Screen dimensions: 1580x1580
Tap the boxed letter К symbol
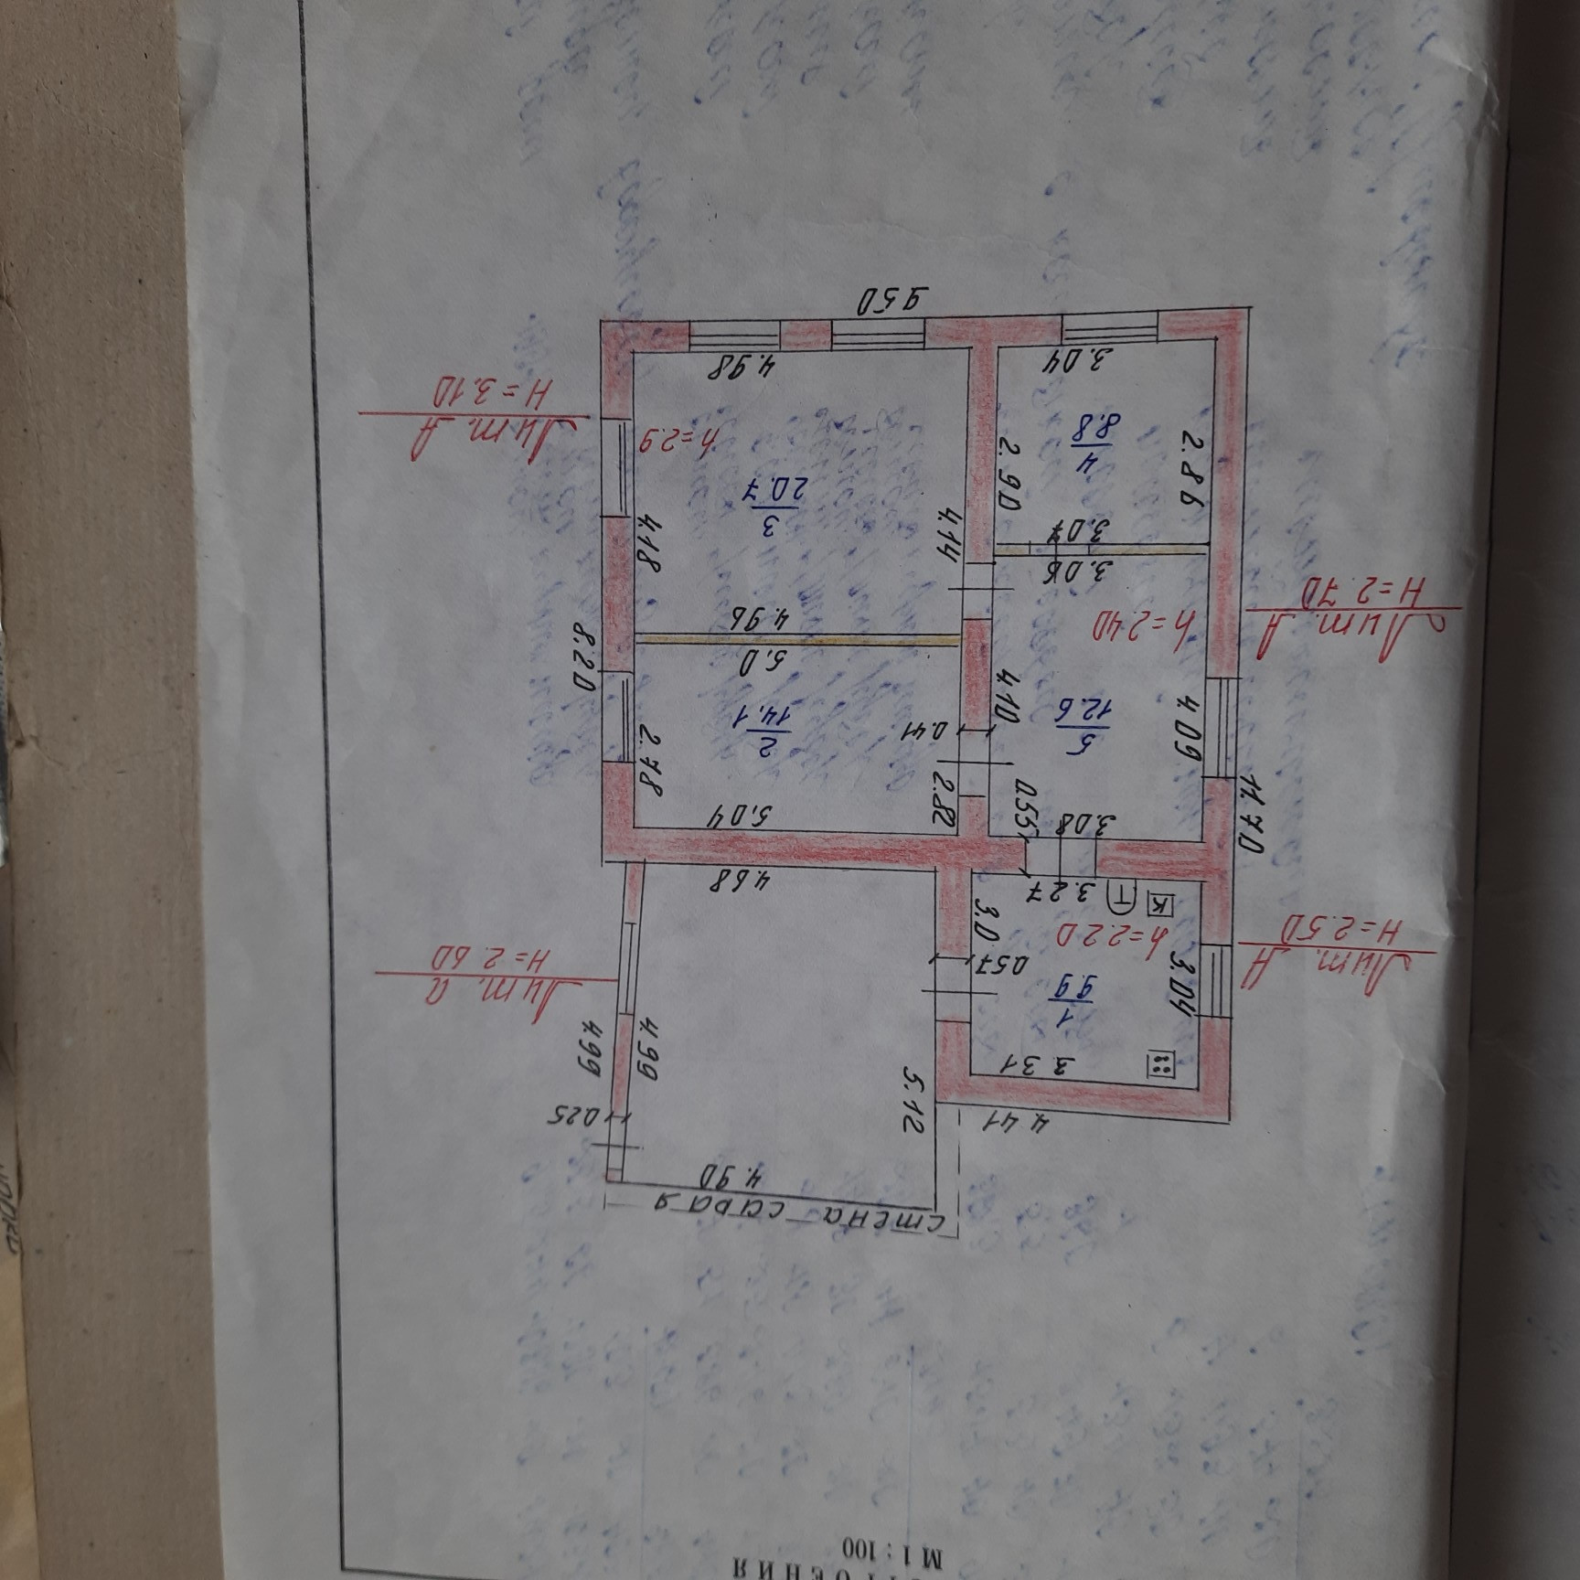point(1159,904)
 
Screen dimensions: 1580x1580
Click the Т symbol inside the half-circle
point(1122,896)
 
